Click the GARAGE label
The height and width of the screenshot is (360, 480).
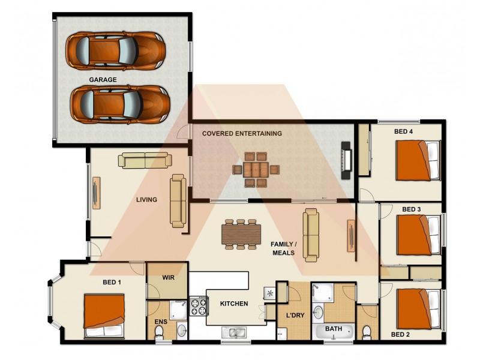(x=103, y=79)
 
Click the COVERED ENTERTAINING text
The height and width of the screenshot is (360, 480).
(x=242, y=133)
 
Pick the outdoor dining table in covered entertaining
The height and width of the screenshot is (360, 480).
(x=256, y=169)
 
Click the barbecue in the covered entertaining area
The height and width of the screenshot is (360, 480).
(x=346, y=160)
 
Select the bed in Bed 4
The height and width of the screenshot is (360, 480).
(x=418, y=160)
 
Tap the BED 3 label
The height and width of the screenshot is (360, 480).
(x=411, y=209)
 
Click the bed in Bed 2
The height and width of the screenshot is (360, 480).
(x=418, y=308)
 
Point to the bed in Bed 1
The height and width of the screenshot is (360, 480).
(x=104, y=315)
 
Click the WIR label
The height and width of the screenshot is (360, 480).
(x=169, y=278)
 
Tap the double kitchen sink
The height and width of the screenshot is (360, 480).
(x=233, y=332)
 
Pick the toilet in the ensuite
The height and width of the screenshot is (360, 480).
(x=159, y=333)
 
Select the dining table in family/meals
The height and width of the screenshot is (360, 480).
(x=241, y=234)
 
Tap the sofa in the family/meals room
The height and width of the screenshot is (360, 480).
(x=311, y=235)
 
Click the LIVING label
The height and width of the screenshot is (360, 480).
(x=146, y=200)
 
